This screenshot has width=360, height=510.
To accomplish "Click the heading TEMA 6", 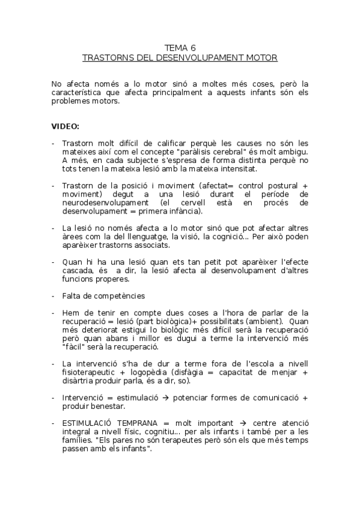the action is [x=180, y=48].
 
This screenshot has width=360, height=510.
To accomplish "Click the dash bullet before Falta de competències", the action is [x=53, y=296].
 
